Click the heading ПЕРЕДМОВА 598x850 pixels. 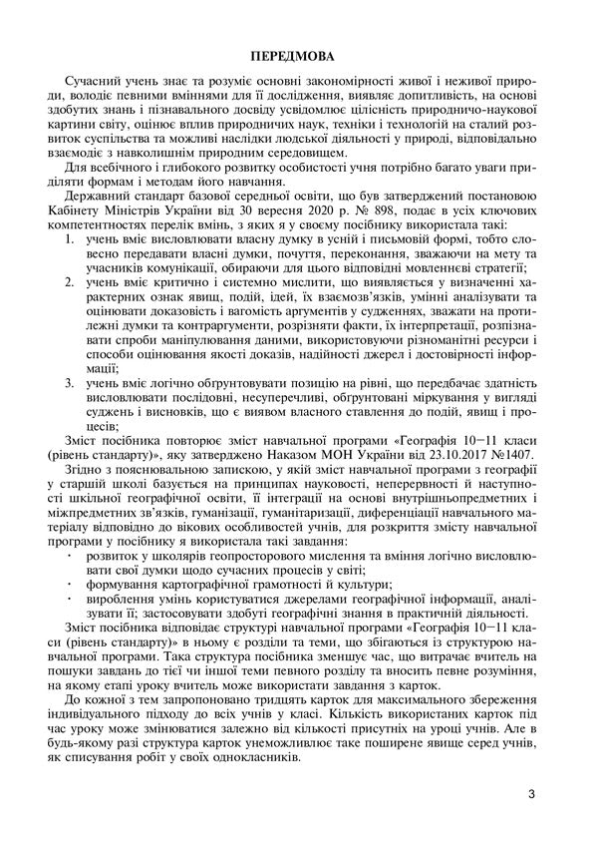[x=299, y=51]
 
